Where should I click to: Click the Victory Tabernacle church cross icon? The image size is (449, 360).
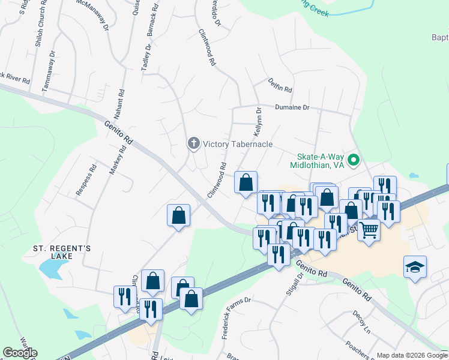click(x=193, y=143)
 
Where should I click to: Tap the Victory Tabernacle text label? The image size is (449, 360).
click(x=238, y=144)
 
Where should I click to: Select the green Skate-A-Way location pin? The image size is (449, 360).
click(x=354, y=160)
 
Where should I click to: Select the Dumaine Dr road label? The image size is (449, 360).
click(x=292, y=107)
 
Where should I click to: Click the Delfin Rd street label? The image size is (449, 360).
click(x=280, y=85)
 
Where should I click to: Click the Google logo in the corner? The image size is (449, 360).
click(x=20, y=353)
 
